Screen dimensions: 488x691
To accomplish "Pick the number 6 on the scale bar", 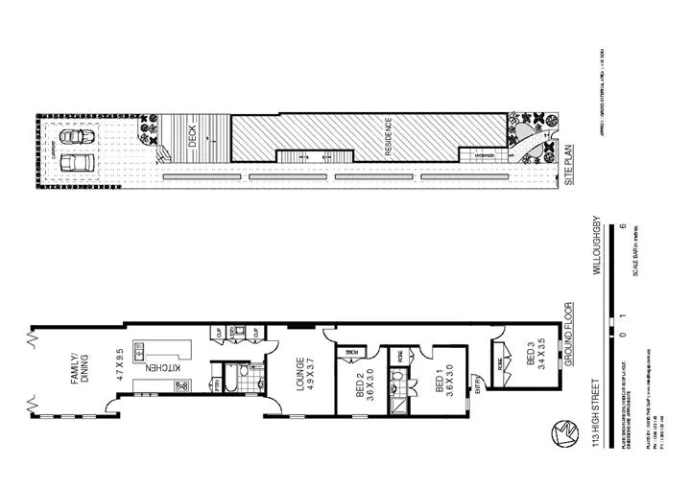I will pos(623,226).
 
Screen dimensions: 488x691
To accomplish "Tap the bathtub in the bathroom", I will pos(235,376).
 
